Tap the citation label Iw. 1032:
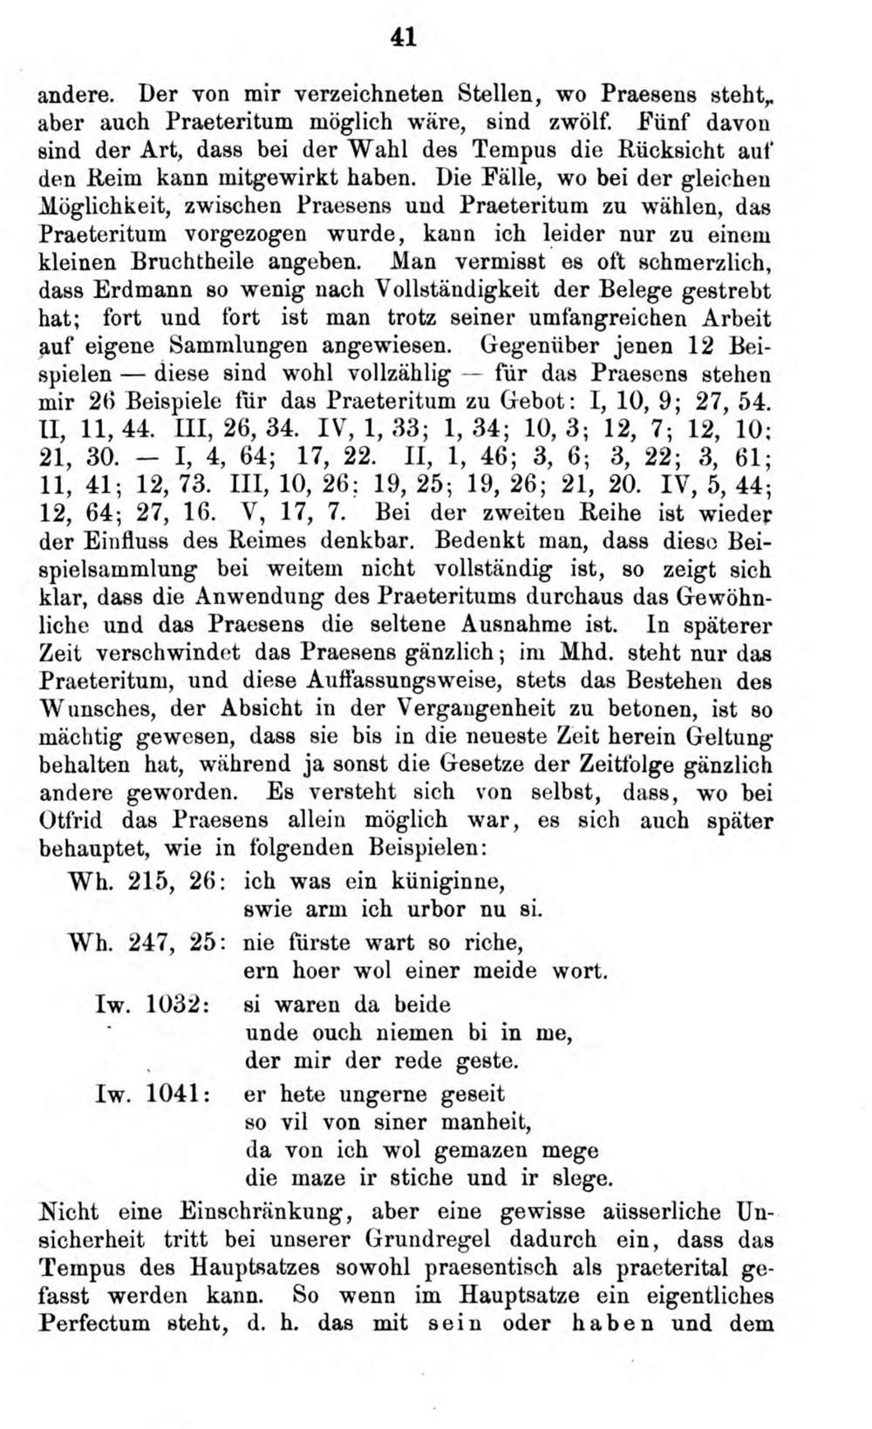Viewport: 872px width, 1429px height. coord(151,1004)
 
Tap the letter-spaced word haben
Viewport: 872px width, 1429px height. coord(627,1324)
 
